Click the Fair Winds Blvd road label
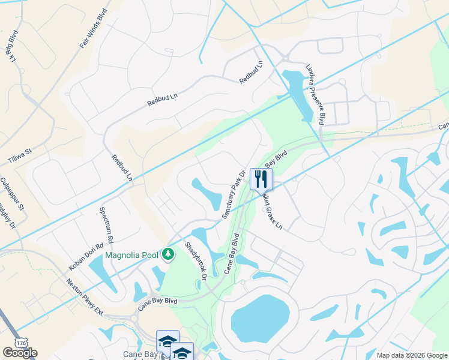click(x=93, y=29)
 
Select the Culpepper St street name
click(x=12, y=194)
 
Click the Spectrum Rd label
click(x=108, y=224)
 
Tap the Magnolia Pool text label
click(x=132, y=255)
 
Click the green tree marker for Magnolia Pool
click(x=169, y=255)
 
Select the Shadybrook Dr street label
click(x=196, y=261)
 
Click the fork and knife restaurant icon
click(x=261, y=179)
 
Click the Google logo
click(x=20, y=353)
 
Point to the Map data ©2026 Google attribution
click(x=411, y=355)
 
